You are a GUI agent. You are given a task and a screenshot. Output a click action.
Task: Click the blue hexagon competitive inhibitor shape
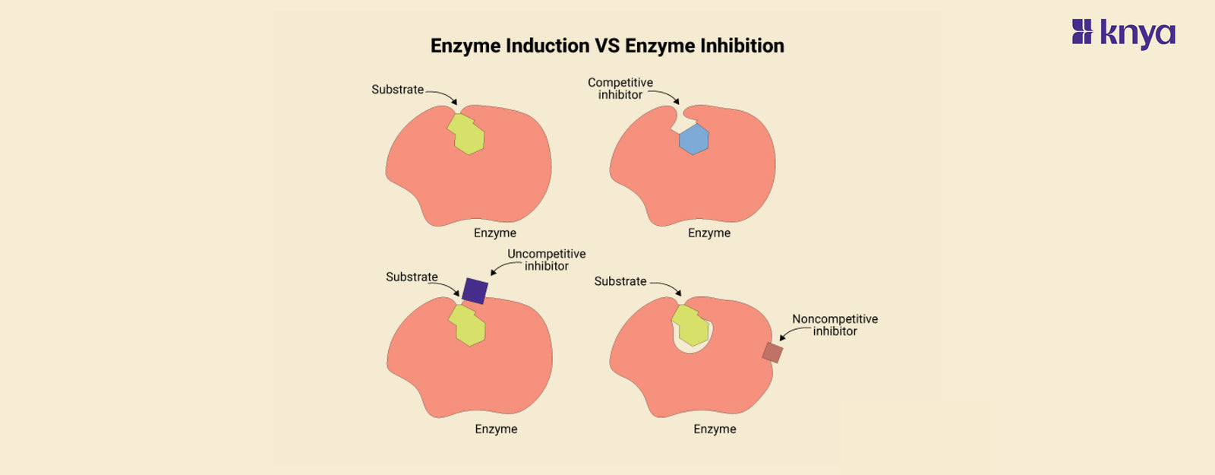tap(693, 139)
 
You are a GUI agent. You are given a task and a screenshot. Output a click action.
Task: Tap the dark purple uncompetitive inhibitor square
tap(475, 290)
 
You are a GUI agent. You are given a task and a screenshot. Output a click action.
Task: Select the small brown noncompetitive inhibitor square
tap(772, 353)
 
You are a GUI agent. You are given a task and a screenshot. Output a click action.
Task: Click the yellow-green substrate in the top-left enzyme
tap(467, 135)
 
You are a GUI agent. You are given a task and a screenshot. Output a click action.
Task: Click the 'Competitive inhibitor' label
tap(620, 88)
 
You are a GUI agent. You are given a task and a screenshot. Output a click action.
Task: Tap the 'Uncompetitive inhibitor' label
tap(547, 260)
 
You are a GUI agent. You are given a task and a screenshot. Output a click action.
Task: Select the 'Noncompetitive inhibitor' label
tap(835, 325)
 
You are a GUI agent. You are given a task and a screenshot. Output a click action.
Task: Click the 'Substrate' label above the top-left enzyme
tap(397, 90)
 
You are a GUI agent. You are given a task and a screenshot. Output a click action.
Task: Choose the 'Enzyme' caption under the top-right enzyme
tap(709, 233)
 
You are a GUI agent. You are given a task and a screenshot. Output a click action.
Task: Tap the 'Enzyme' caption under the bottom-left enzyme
tap(496, 429)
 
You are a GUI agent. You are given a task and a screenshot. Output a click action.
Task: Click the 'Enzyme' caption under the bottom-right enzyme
tap(715, 429)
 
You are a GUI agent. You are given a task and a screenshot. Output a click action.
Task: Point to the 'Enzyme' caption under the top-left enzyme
tap(495, 233)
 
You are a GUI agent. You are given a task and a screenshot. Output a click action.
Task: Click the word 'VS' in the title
tap(607, 46)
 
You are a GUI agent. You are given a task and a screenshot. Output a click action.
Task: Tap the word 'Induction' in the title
tap(548, 46)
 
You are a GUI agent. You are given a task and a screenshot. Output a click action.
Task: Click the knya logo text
tap(1138, 33)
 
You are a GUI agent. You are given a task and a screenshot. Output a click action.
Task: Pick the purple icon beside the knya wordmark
tap(1082, 32)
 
